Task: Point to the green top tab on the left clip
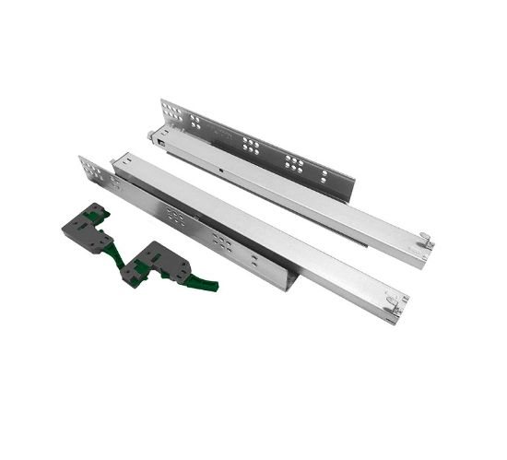click(98, 213)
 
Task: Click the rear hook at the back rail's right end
click(426, 242)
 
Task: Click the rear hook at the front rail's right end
click(399, 301)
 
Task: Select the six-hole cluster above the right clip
click(221, 242)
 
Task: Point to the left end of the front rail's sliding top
click(117, 163)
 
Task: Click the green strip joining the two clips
click(119, 249)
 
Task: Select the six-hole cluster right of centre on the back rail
click(294, 164)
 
